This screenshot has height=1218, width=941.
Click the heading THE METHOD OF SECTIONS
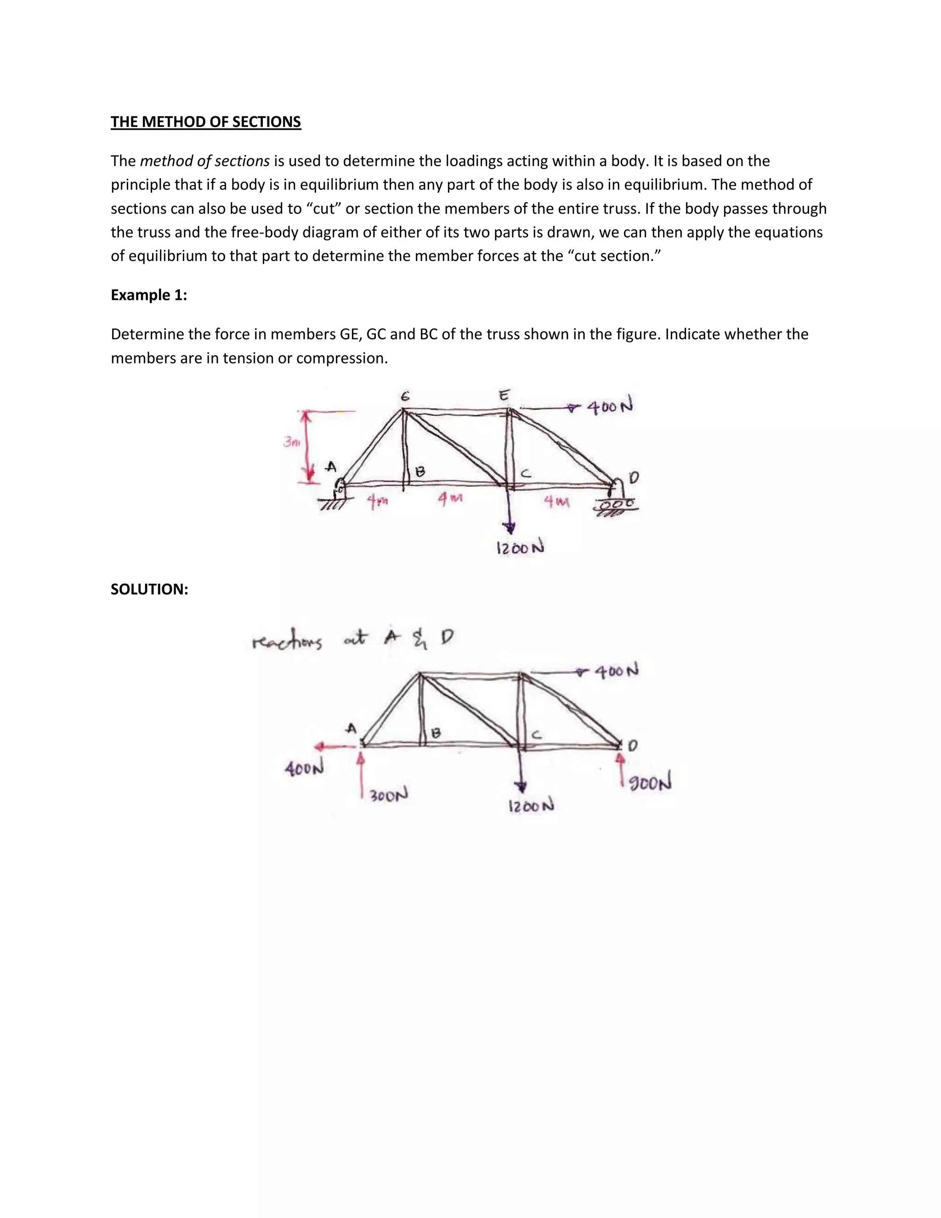point(206,122)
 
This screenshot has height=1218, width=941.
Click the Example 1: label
point(149,295)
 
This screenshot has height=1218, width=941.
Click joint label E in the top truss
point(504,395)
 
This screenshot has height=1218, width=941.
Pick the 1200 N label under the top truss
point(520,548)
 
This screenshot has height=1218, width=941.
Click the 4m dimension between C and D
point(556,502)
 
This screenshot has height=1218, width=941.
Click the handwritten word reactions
point(287,643)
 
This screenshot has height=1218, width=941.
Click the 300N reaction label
point(389,794)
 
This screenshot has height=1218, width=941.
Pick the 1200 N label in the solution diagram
point(531,806)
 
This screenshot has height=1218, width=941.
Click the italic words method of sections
point(204,161)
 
